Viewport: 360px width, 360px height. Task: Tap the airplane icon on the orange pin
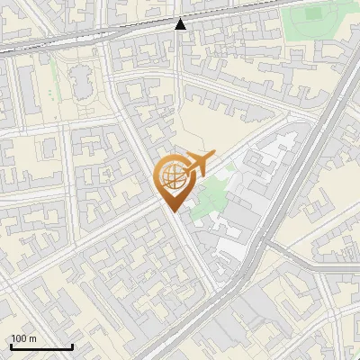tap(200, 164)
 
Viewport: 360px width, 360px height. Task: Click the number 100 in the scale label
tap(19, 338)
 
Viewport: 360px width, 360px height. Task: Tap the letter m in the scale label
tap(33, 338)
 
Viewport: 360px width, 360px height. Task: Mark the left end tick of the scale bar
tap(10, 346)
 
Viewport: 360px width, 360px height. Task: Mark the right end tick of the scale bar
tap(72, 346)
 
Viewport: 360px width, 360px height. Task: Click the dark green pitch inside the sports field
tap(314, 14)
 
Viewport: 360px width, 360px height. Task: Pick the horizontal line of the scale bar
tap(40, 346)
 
